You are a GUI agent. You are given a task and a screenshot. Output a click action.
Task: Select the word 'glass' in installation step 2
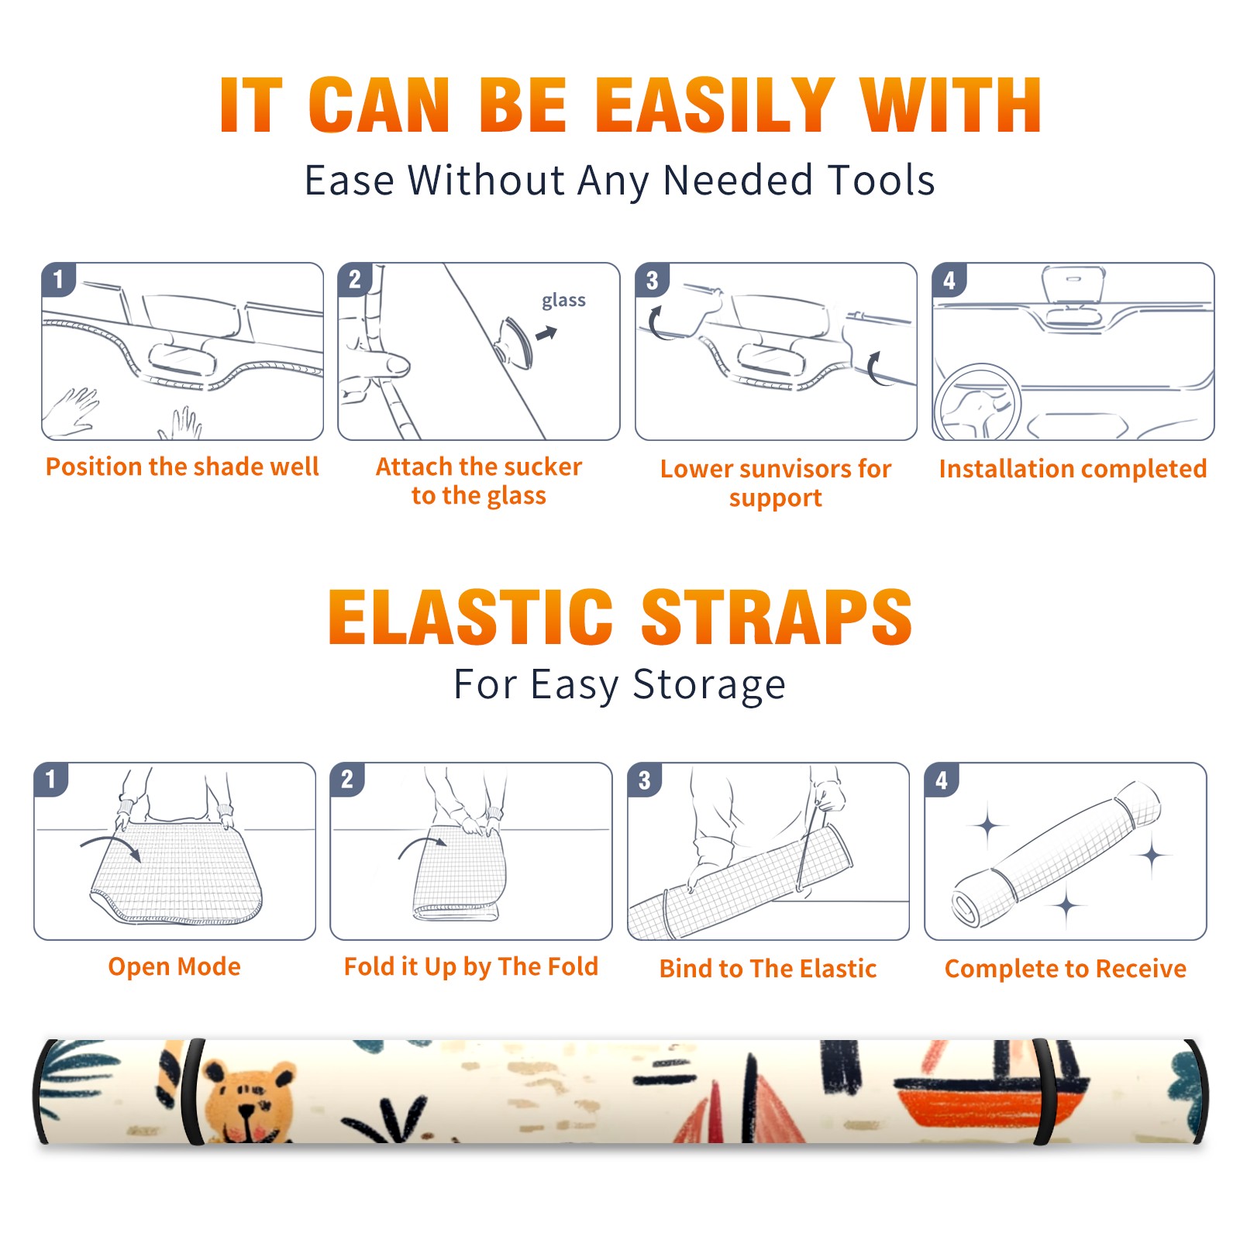(563, 301)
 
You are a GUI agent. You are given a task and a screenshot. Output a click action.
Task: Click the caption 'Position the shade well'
(182, 467)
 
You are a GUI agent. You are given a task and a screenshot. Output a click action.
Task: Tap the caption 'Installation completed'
(1073, 469)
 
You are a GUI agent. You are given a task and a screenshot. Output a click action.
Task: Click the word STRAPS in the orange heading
(777, 617)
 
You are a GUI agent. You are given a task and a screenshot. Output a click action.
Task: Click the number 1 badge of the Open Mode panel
(52, 779)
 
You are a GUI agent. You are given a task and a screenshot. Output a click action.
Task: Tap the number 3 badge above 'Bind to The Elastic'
(645, 780)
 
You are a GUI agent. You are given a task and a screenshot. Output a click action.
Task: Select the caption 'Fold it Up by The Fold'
(471, 966)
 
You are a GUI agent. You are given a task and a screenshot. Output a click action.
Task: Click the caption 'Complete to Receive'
(1066, 969)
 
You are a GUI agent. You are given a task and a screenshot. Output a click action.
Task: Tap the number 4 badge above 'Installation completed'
(949, 280)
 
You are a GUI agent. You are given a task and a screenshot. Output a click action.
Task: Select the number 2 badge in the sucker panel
(355, 280)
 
